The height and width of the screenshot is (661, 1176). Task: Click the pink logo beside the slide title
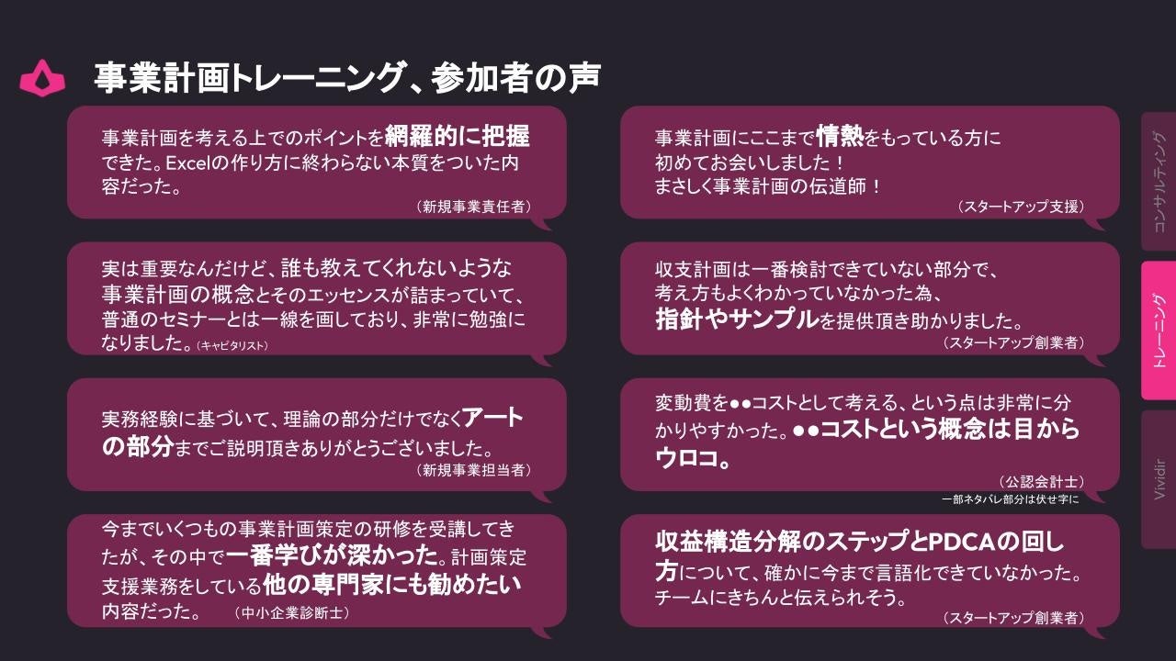tap(42, 78)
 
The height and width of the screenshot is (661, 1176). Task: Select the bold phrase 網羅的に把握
tap(457, 137)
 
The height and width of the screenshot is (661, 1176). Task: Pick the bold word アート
tap(493, 419)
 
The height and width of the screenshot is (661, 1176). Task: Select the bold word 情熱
tap(839, 137)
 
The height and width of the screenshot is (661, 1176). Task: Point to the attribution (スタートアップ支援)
tap(1020, 207)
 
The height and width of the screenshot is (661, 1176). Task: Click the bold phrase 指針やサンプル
tap(736, 319)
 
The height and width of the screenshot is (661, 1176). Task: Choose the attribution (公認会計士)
tap(1041, 481)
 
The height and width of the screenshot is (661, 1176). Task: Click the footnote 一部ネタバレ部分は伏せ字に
tap(1010, 499)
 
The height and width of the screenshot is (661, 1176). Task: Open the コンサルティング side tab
tap(1159, 182)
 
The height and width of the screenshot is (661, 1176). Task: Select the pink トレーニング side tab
tap(1159, 330)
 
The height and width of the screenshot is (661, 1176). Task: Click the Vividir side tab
tap(1159, 479)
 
